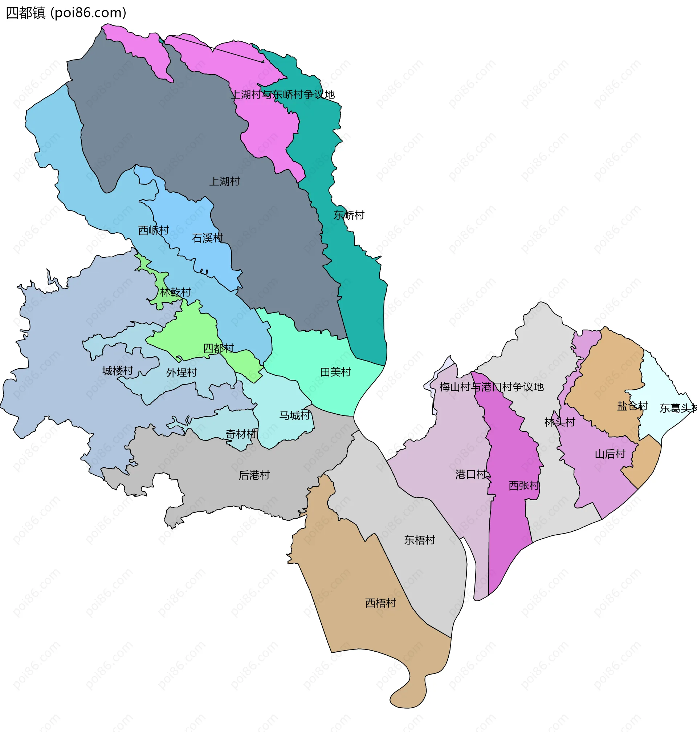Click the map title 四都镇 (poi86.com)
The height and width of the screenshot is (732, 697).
tap(66, 13)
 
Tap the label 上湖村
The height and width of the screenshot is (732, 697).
tap(224, 181)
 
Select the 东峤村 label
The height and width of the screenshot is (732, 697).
tap(348, 215)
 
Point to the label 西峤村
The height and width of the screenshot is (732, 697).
tap(154, 230)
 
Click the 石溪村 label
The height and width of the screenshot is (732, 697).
tap(207, 238)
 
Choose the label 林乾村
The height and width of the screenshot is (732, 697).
tap(175, 292)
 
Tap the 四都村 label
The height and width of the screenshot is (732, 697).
tap(219, 348)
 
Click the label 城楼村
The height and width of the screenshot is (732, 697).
tap(117, 370)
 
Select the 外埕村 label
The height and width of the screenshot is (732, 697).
tap(181, 372)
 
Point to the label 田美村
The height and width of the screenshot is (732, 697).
tap(335, 371)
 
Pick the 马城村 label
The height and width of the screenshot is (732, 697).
tap(295, 415)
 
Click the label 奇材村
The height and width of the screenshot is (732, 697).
tap(241, 434)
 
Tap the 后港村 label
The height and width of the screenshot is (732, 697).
tap(254, 475)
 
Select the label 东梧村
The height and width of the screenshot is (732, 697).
tap(419, 540)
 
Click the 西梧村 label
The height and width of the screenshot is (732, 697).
tap(380, 603)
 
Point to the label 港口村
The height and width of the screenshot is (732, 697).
tap(471, 474)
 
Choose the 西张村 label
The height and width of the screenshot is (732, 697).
tap(523, 486)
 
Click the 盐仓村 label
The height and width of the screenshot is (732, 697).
tap(632, 406)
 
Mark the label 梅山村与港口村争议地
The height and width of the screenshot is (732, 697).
tap(491, 387)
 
